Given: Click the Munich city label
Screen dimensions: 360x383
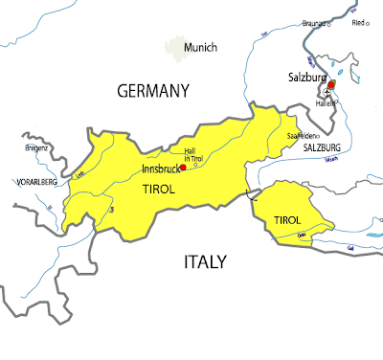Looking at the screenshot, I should pyautogui.click(x=203, y=48).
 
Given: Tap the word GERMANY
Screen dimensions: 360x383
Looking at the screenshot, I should pyautogui.click(x=154, y=91).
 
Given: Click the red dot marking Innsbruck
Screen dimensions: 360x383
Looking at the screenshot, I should pyautogui.click(x=183, y=167).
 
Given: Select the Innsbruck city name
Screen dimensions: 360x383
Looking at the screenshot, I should pyautogui.click(x=159, y=169).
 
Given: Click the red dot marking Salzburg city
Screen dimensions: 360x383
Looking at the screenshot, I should pyautogui.click(x=331, y=85).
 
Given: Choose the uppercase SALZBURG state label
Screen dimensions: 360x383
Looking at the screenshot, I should pyautogui.click(x=323, y=149).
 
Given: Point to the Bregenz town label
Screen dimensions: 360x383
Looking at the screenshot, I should pyautogui.click(x=35, y=147).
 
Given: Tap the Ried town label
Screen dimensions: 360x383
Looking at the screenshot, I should pyautogui.click(x=359, y=22).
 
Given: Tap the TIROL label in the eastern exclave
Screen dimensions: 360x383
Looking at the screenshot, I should pyautogui.click(x=287, y=220).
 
